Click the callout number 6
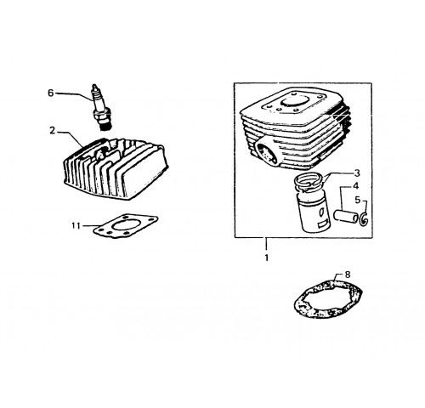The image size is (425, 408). [50, 93]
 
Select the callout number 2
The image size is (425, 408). [53, 131]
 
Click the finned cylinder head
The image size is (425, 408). [116, 169]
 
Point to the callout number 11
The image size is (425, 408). [76, 226]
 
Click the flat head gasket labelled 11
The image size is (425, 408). [126, 226]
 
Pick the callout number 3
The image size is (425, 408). [357, 173]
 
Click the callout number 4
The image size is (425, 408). [355, 186]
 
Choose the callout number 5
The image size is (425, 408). [358, 200]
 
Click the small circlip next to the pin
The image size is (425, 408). [364, 219]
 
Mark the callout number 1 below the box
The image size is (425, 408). [266, 258]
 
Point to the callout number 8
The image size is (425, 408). [348, 275]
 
